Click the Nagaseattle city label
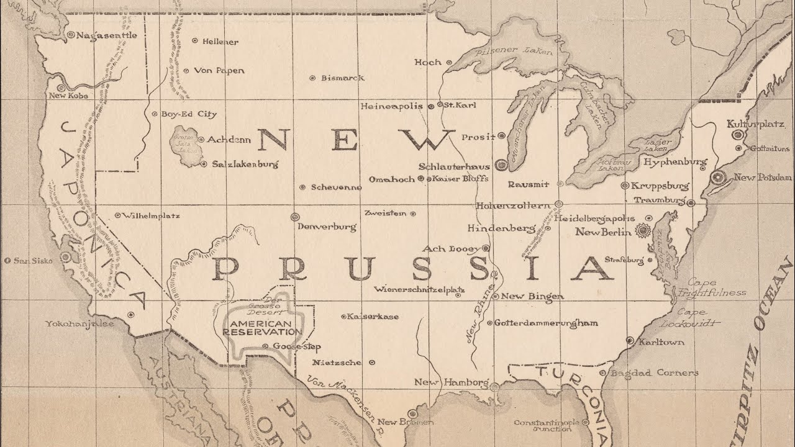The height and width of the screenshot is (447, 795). [x=106, y=35]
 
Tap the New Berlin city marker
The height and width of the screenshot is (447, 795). [x=642, y=232]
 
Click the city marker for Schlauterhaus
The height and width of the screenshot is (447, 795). [x=502, y=166]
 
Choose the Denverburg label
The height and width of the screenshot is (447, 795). [x=327, y=227]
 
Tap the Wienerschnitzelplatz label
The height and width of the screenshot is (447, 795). [x=419, y=289]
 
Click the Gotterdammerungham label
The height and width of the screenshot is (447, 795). [x=546, y=323]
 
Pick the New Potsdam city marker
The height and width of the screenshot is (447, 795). [x=719, y=178]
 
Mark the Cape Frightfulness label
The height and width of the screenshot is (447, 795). [x=703, y=288]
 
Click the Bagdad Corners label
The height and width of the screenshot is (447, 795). [x=645, y=373]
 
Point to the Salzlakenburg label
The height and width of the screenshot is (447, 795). [x=245, y=165]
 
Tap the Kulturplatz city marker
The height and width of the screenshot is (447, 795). [x=737, y=135]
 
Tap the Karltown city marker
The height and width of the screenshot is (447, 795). [x=630, y=341]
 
